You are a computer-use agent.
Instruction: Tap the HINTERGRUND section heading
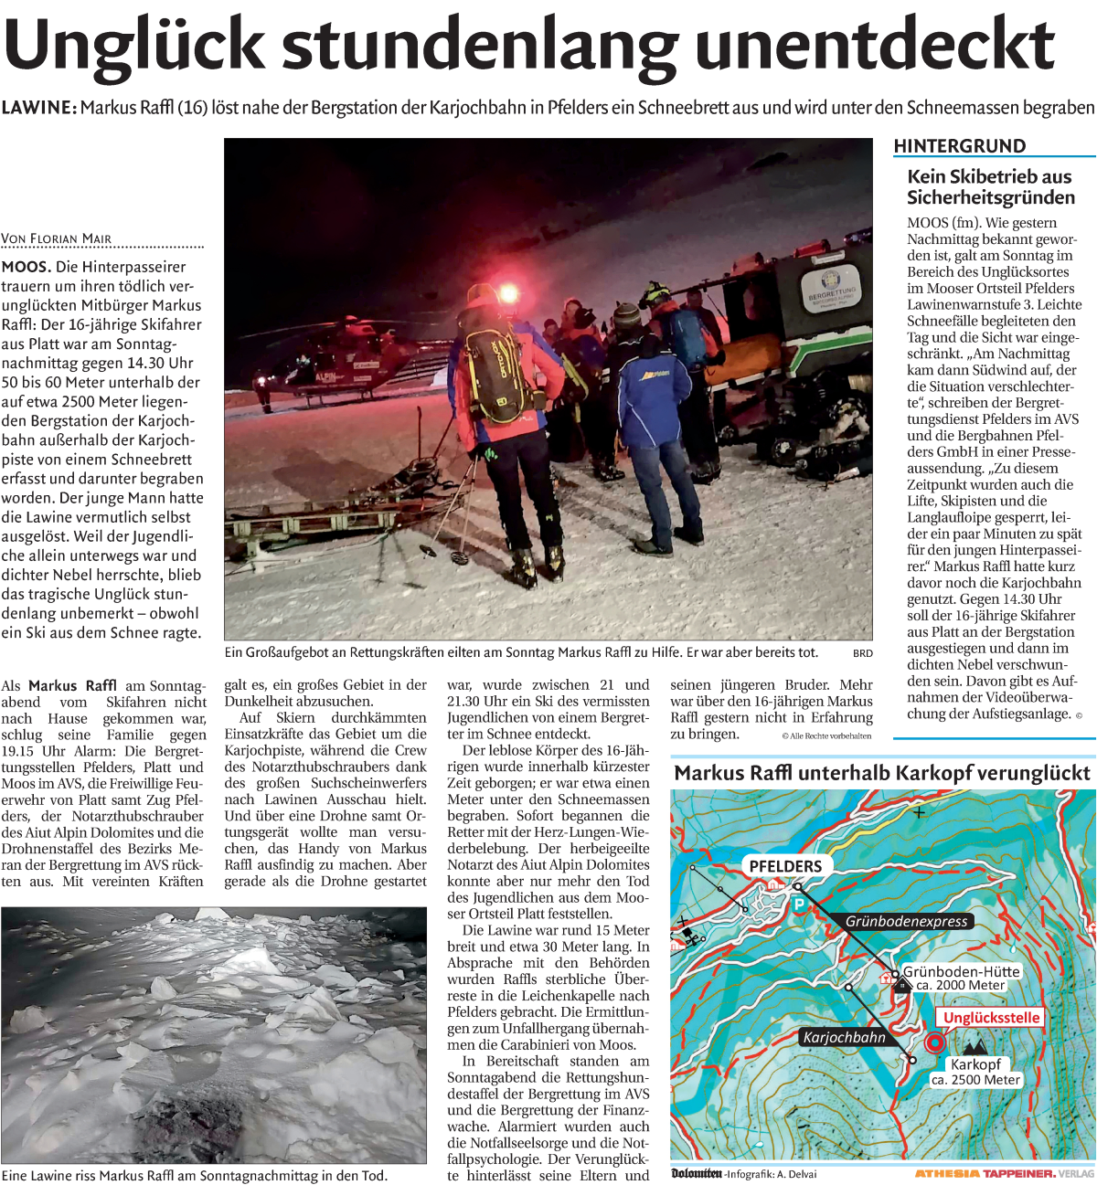pos(959,146)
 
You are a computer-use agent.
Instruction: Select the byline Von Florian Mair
pos(57,239)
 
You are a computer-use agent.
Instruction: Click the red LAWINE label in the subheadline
pos(38,108)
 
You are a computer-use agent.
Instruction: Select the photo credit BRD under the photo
pos(862,653)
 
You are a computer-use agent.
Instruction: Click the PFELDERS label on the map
pos(785,866)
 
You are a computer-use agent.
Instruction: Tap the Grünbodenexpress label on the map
pos(906,921)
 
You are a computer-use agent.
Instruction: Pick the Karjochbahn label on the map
pos(844,1037)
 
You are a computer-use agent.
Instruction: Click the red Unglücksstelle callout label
pos(991,1018)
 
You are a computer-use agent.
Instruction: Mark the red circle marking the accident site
pos(934,1042)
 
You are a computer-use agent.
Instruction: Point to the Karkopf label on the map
pos(975,1064)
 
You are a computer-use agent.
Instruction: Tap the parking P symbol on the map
pos(798,905)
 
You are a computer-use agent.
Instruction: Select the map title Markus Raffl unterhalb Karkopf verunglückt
pos(882,774)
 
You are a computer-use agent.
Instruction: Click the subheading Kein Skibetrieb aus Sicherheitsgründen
pos(990,187)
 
